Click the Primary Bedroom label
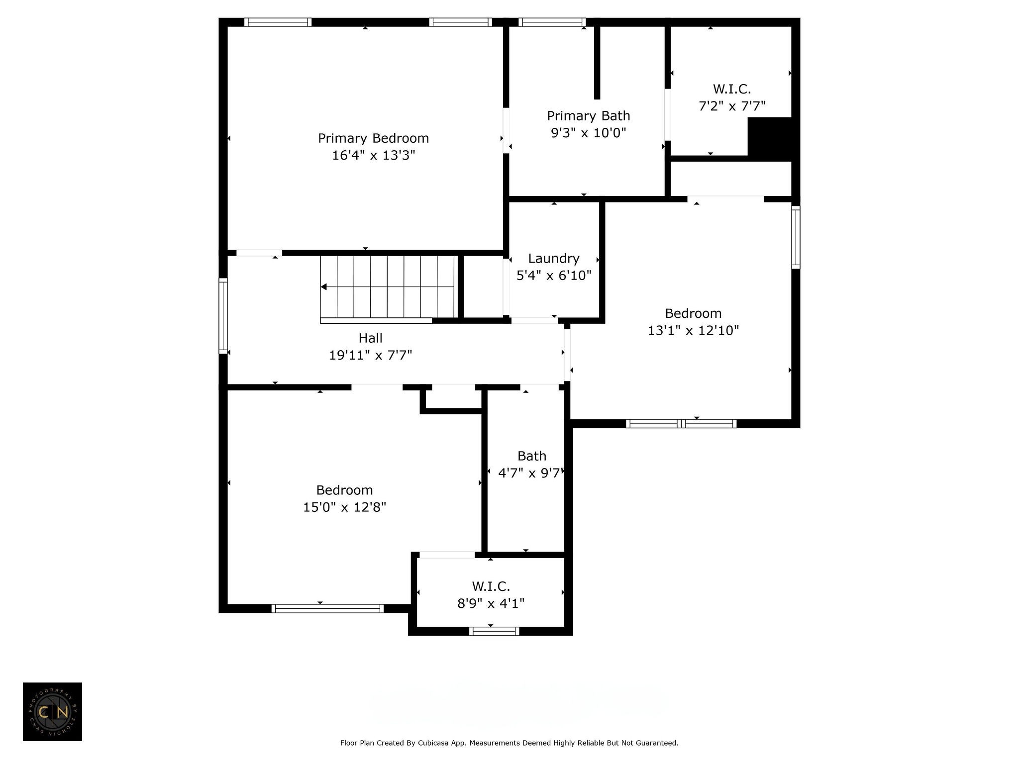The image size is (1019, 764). click(373, 138)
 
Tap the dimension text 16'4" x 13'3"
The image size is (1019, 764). click(373, 155)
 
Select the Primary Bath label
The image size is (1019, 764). click(589, 116)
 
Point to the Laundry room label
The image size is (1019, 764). click(554, 259)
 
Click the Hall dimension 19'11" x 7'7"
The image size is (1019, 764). click(371, 355)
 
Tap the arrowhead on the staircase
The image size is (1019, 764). click(324, 287)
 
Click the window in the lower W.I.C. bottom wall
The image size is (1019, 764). click(494, 631)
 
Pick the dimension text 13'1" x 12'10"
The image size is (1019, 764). click(693, 330)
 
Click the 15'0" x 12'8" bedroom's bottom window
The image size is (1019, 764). click(328, 608)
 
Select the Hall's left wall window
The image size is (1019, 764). click(223, 316)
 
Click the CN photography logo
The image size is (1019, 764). click(52, 712)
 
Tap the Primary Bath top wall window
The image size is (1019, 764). click(552, 22)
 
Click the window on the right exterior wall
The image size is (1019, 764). click(796, 238)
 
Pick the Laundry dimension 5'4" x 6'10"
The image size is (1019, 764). click(554, 276)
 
